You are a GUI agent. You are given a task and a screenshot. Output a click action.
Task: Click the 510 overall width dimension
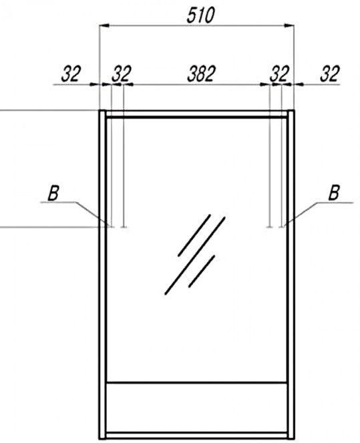[x=200, y=15]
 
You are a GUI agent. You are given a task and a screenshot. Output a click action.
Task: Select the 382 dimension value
[x=201, y=73]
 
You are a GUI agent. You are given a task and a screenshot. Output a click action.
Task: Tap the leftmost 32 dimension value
[x=71, y=73]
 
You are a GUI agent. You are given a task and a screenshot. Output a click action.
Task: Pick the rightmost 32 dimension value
[x=329, y=73]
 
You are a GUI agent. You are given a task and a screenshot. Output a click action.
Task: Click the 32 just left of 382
[x=122, y=73]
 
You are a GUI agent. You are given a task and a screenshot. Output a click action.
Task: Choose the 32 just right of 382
[x=279, y=73]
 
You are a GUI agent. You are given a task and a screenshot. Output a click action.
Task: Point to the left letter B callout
[x=53, y=193]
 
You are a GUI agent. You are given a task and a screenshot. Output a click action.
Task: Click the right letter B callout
[x=334, y=193]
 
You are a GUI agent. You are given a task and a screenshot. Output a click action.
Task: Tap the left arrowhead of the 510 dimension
[x=104, y=25]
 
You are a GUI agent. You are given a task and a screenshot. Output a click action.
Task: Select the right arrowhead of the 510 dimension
[x=289, y=25]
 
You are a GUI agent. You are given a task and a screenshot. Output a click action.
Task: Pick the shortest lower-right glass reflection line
[x=202, y=271]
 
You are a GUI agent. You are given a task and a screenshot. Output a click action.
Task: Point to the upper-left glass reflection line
[x=194, y=235]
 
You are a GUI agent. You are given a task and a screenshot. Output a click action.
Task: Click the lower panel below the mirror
[x=197, y=407]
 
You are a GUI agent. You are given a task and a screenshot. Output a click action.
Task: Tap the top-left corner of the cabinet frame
[x=100, y=110]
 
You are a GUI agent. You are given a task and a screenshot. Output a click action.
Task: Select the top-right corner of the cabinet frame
[x=294, y=110]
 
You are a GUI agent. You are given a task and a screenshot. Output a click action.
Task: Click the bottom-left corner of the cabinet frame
[x=100, y=440]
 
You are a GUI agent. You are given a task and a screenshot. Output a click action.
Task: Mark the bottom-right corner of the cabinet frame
[x=294, y=440]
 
